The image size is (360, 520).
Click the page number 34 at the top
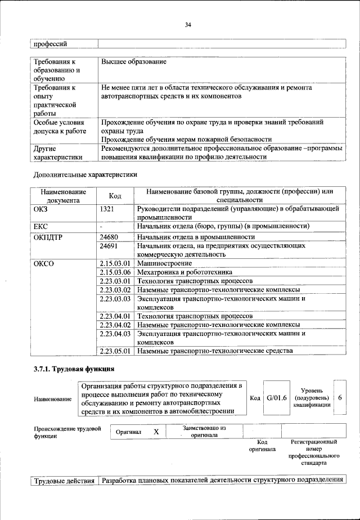pos(188,24)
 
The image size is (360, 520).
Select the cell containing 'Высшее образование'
pos(134,61)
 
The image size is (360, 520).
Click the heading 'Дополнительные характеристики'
pos(85,174)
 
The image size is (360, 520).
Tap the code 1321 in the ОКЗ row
pos(107,208)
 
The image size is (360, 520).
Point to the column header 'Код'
pos(115,195)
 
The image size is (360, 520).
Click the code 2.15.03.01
pos(115,263)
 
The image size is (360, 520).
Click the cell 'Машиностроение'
pos(163,263)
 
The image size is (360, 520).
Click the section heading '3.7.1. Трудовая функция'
pos(74,370)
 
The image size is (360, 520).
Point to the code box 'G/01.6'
pos(277,398)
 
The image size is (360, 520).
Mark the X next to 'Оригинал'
pos(156,432)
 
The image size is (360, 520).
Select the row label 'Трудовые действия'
pos(64,480)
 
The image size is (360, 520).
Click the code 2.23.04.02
pos(115,325)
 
